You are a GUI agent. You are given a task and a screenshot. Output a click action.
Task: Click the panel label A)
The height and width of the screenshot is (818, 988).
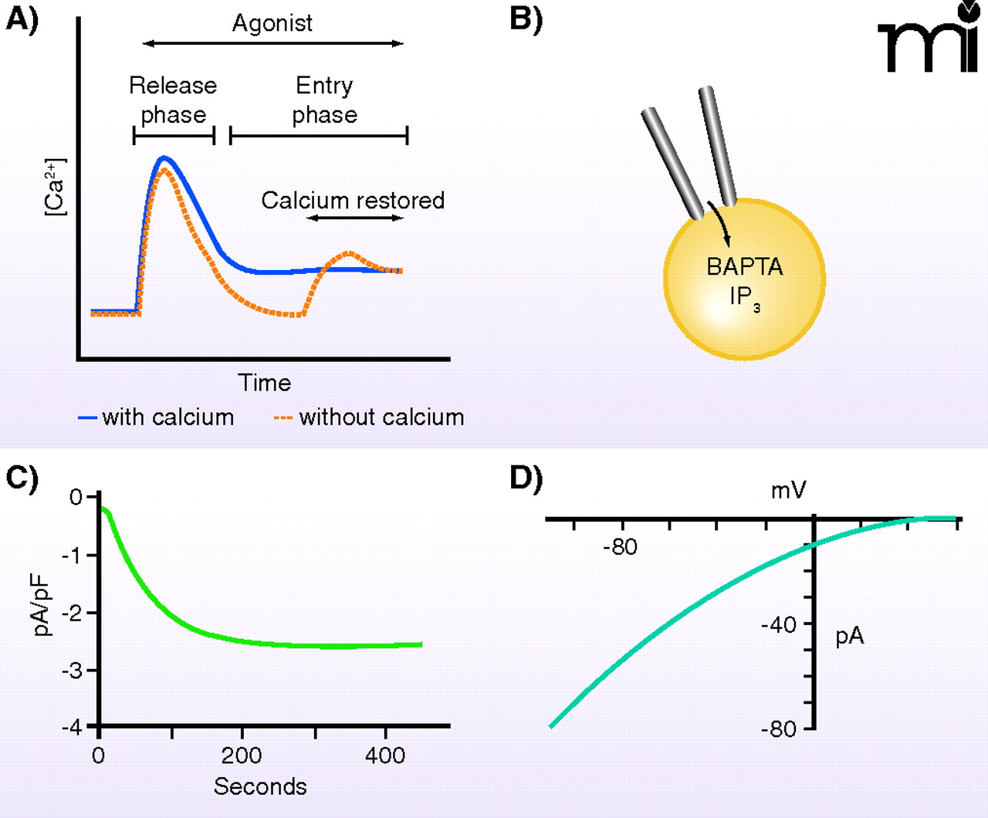coord(22,19)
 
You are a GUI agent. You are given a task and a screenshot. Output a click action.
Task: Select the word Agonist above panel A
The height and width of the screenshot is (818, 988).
coord(272,23)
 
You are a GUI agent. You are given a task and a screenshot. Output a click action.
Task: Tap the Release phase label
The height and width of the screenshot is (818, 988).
coord(173,100)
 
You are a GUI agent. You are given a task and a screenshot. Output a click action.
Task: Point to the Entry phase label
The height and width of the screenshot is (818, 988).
coord(325,100)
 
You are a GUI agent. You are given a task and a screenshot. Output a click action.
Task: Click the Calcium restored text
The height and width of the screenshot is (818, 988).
coord(353,201)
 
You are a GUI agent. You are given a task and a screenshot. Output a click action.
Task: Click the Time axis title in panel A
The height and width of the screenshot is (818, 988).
coord(264,383)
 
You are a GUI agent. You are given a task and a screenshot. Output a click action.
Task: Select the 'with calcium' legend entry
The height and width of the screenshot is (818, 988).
coord(157,417)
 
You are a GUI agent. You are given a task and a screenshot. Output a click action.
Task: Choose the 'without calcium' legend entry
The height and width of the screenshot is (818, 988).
coord(370,417)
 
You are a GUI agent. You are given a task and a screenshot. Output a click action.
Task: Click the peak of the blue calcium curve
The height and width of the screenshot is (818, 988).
coord(163,157)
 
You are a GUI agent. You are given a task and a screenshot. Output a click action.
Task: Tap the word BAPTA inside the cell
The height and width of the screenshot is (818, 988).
coord(745,267)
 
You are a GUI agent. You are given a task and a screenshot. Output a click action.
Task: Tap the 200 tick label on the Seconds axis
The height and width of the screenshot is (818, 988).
coord(242,755)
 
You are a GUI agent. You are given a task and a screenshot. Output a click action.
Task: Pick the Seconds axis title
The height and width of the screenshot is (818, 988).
coord(260,786)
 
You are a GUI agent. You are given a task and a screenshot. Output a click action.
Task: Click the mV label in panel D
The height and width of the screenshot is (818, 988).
coord(788,490)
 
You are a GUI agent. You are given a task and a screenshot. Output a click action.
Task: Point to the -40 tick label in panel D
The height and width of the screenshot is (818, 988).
coord(779,624)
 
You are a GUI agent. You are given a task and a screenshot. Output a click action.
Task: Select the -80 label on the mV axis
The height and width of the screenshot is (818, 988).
coord(621,547)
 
